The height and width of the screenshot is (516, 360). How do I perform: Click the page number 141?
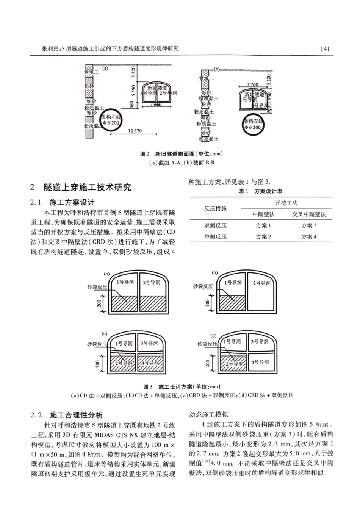325,48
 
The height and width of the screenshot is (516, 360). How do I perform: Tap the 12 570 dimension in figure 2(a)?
135,131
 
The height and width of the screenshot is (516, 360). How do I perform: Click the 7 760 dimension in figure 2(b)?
252,85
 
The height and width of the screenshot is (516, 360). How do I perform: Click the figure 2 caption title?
181,153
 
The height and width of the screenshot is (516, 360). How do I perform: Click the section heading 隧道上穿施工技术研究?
88,187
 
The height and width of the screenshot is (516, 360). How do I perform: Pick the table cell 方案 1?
263,225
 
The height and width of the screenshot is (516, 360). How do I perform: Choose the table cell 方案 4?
309,236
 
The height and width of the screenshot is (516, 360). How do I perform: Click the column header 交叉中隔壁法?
309,214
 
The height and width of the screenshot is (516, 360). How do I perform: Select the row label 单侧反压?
215,236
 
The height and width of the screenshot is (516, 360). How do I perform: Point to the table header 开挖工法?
286,203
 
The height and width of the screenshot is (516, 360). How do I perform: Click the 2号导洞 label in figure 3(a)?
151,282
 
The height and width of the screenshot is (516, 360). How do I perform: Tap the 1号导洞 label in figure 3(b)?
233,283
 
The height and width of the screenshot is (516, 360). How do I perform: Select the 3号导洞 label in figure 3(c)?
149,343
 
